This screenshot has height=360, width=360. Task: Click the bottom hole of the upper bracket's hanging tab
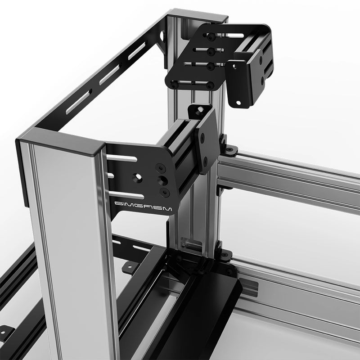243,103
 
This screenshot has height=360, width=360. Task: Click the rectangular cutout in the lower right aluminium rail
252,288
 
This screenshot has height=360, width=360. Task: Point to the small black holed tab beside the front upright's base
129,269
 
